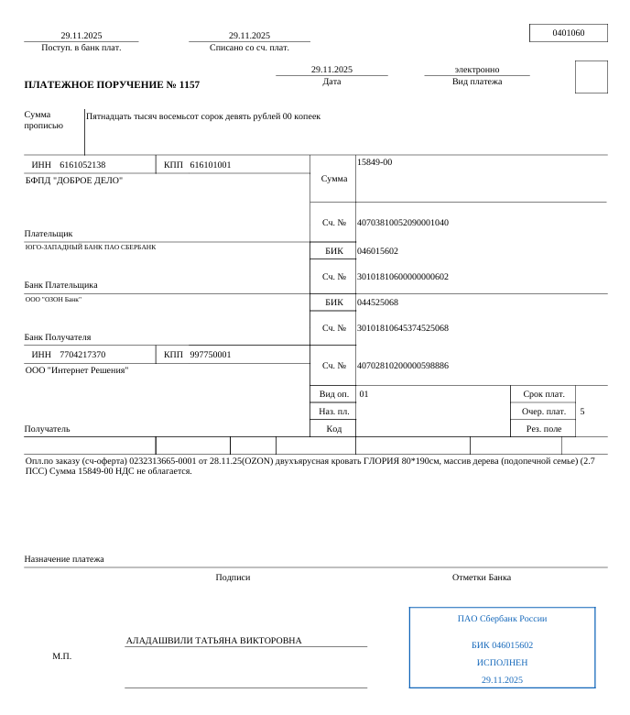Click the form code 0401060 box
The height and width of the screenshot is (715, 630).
coord(568,33)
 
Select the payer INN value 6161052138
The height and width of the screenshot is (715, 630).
coord(82,165)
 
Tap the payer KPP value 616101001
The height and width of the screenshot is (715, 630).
coord(211,165)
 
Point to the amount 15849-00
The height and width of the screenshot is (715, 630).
coord(375,162)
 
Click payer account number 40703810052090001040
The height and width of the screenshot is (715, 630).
coord(403,223)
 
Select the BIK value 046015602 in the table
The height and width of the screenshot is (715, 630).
coord(377,251)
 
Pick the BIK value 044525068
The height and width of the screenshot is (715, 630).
coord(377,302)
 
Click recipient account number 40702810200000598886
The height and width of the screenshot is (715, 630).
coord(403,366)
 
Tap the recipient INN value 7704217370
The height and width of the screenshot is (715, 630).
coord(82,355)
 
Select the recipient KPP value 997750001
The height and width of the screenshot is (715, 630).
coord(211,355)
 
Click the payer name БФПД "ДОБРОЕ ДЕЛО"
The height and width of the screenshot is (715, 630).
coord(74,181)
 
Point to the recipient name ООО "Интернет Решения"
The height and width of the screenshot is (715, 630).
coord(77,370)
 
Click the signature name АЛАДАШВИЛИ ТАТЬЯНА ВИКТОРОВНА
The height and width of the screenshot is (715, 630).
coord(213,641)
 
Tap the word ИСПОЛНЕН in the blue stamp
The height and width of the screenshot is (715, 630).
coord(502,662)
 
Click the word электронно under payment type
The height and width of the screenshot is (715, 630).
coord(477,70)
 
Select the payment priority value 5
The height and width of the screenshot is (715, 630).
coord(582,412)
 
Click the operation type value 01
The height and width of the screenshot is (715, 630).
coord(364,394)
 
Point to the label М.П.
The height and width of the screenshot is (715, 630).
coord(61,656)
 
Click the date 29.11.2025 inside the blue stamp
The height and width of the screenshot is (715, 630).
coord(502,680)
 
